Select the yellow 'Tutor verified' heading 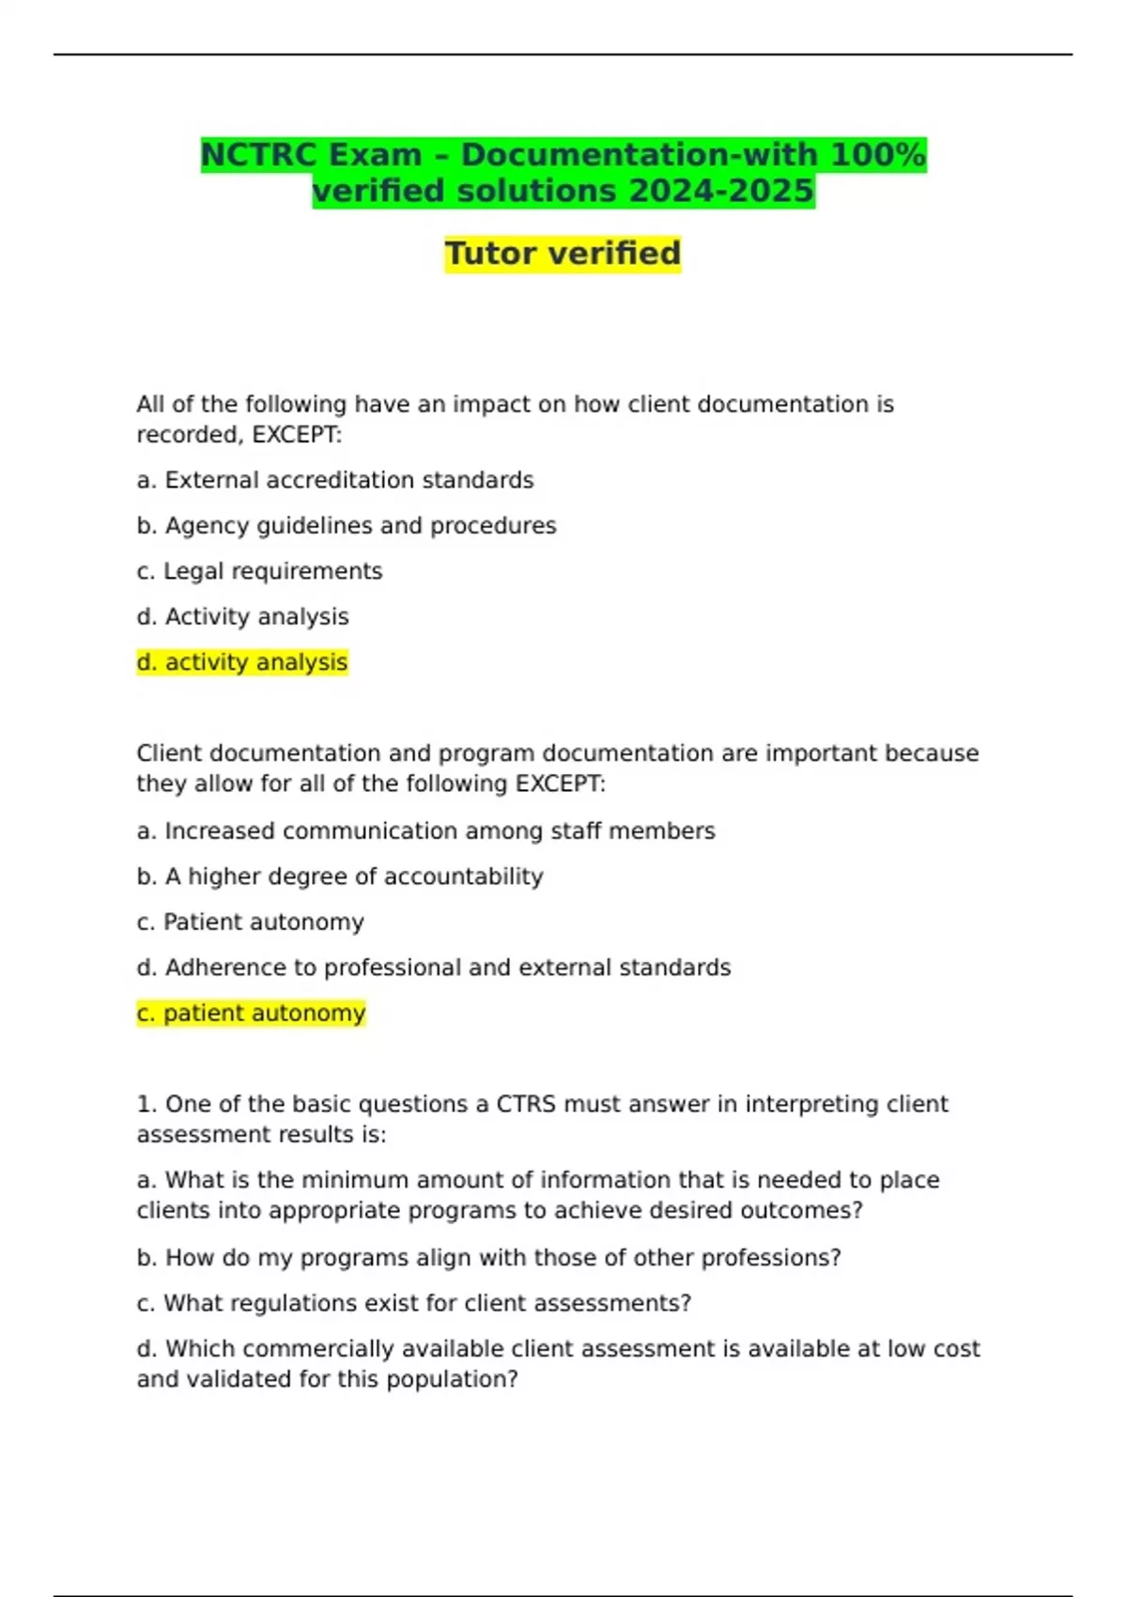(x=563, y=254)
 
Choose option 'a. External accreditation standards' (x=335, y=480)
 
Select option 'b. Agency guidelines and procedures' (x=347, y=526)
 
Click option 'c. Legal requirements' (x=259, y=571)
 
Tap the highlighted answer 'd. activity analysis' (x=242, y=662)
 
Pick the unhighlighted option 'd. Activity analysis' (x=242, y=617)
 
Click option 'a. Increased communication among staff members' (x=425, y=831)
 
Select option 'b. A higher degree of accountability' (x=340, y=876)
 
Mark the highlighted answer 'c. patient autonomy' (x=251, y=1014)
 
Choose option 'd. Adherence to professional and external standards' (x=433, y=968)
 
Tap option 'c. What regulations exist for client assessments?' (x=414, y=1304)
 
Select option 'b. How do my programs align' (x=489, y=1258)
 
